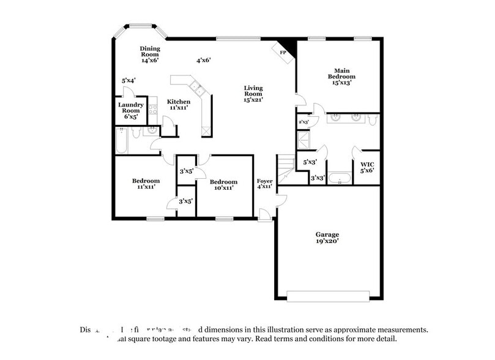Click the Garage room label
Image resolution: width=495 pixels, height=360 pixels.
(x=327, y=238)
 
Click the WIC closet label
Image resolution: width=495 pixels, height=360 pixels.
(x=367, y=167)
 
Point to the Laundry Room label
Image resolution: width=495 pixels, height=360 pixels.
(x=130, y=108)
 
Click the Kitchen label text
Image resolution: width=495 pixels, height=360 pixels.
(x=178, y=104)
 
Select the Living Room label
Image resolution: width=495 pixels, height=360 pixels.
(x=253, y=92)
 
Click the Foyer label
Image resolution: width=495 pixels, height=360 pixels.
(x=264, y=184)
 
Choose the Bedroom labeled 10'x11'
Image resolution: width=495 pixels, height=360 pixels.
(x=223, y=185)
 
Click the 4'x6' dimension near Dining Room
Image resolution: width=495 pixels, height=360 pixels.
(x=203, y=60)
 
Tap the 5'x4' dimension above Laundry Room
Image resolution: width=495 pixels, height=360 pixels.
(x=128, y=80)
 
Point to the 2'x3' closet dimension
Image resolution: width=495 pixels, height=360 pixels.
(x=303, y=122)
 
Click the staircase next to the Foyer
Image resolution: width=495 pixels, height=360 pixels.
(x=285, y=167)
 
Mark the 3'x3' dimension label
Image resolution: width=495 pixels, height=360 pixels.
(x=317, y=178)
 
